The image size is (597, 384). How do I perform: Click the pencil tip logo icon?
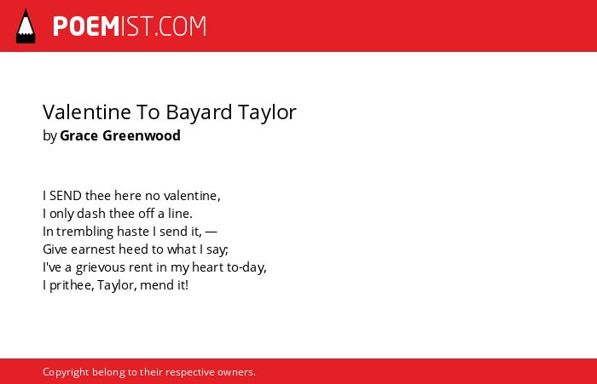26,26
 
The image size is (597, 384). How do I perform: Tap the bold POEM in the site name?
86,26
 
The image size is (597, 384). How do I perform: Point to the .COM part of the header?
181,26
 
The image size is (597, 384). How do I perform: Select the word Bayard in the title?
199,113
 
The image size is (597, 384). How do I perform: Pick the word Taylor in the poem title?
267,113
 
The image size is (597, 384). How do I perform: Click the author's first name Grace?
78,135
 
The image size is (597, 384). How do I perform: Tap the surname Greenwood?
142,135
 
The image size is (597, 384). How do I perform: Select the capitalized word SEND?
66,196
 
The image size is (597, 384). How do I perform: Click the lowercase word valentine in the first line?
191,196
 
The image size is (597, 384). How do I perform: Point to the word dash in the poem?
91,214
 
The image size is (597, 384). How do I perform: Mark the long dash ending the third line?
211,232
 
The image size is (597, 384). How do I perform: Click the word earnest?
93,249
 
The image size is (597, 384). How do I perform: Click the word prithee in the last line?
71,285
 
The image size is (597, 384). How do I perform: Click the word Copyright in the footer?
66,372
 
